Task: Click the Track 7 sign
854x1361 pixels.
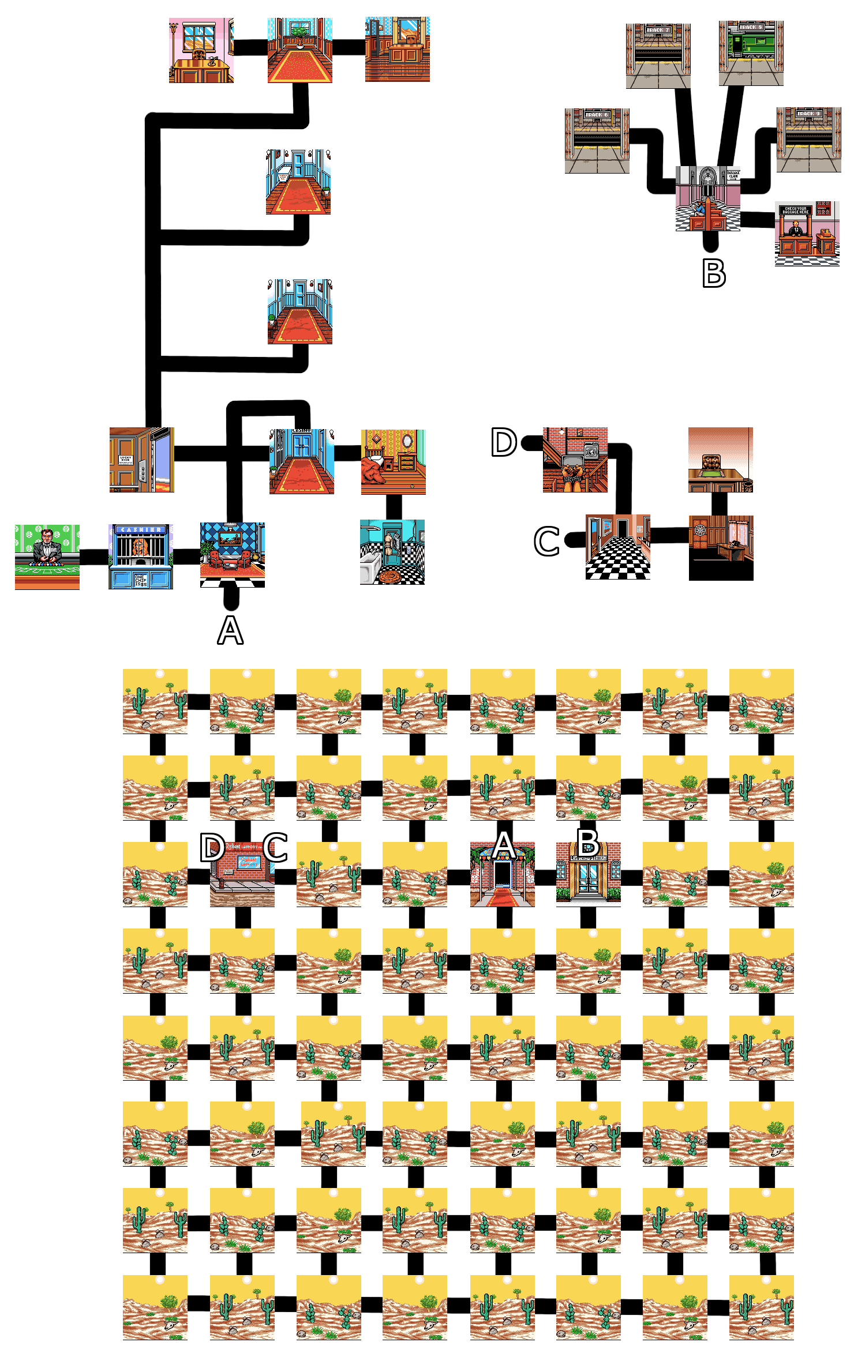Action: [x=658, y=30]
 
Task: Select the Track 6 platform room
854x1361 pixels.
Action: [x=597, y=141]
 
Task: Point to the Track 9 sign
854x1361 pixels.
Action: [x=808, y=114]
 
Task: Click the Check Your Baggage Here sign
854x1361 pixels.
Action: [x=796, y=210]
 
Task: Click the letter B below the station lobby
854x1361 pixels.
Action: [x=713, y=274]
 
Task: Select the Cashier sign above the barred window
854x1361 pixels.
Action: [x=141, y=529]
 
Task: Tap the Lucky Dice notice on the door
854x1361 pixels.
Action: [x=125, y=460]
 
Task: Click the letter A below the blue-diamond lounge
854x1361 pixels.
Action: [x=230, y=631]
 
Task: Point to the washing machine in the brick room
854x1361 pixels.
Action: [x=590, y=450]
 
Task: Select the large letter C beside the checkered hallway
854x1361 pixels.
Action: [x=546, y=542]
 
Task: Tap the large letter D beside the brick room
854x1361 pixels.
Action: [x=503, y=443]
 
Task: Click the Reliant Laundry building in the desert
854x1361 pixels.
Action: [x=242, y=874]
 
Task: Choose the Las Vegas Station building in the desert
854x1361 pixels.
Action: [x=588, y=874]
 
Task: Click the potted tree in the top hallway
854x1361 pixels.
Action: [x=299, y=34]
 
